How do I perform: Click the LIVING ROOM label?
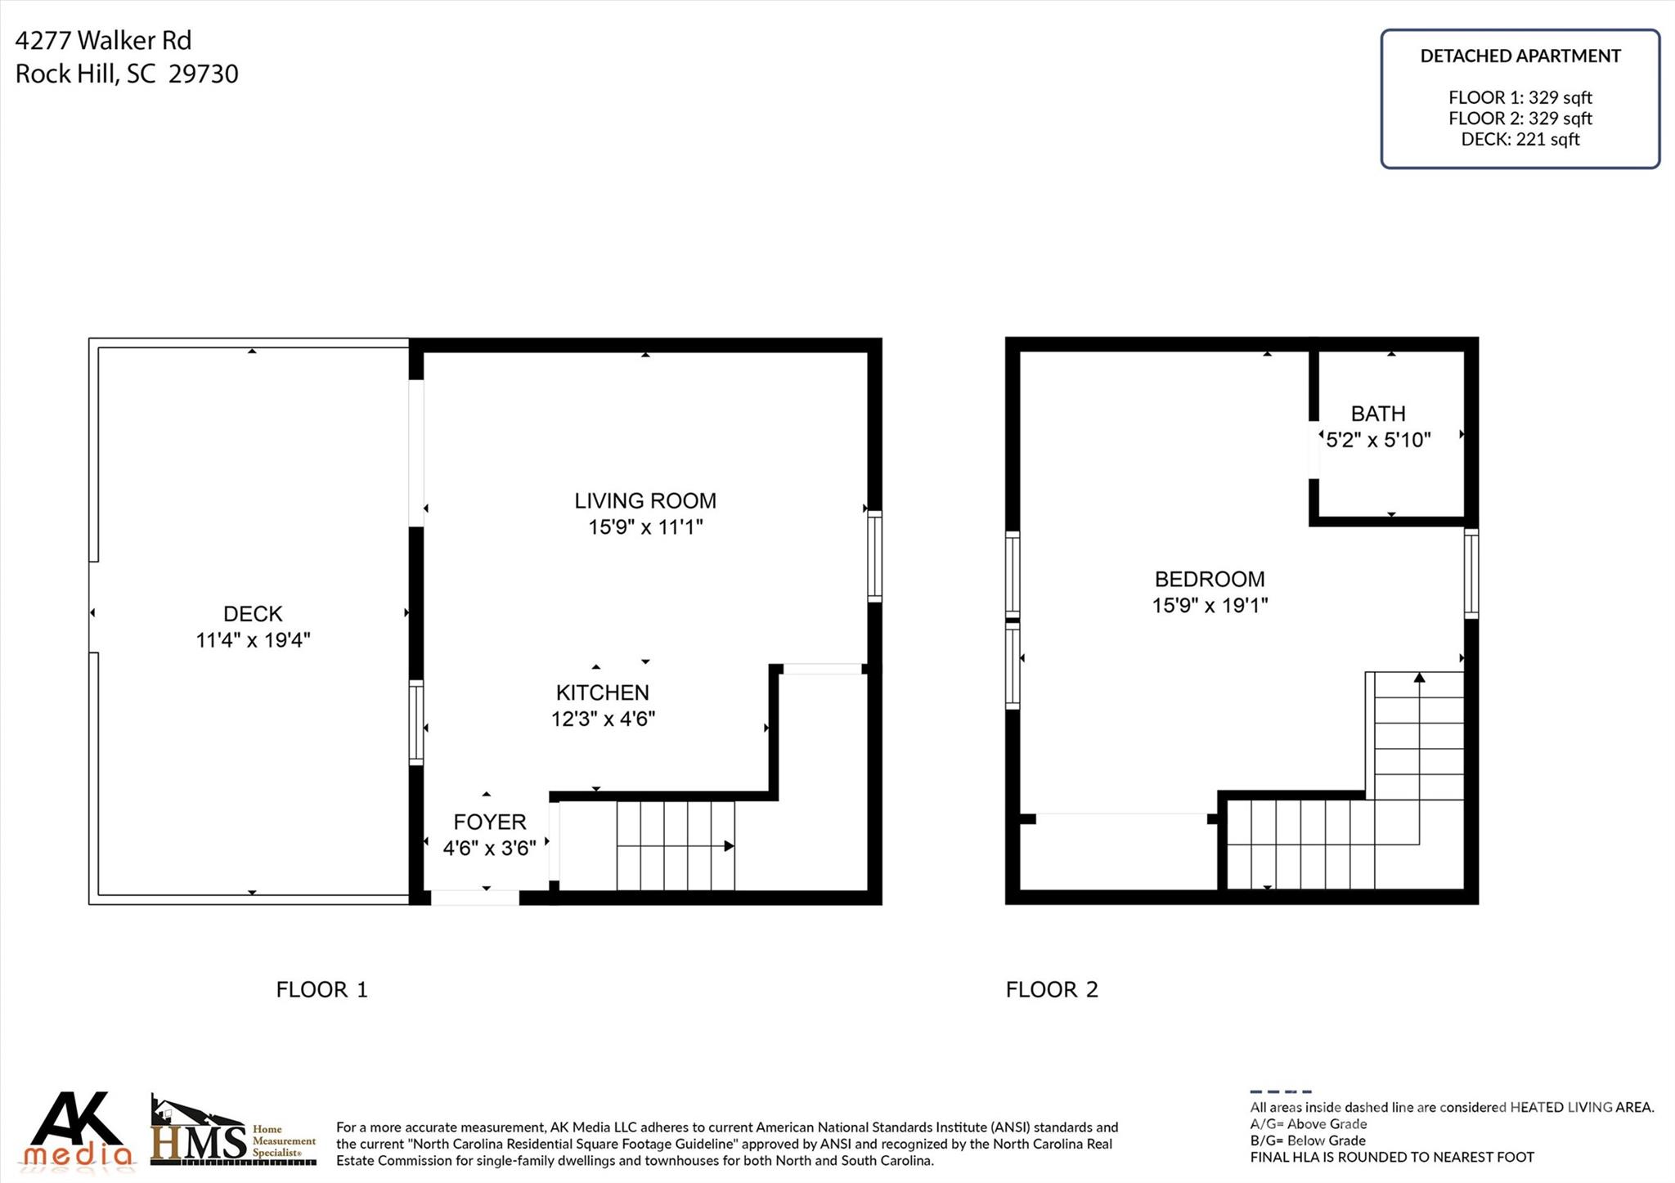coord(644,500)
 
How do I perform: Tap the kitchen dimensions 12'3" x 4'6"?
coord(603,719)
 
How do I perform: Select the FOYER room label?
coord(490,822)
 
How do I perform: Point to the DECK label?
coord(253,614)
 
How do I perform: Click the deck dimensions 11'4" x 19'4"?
coord(253,639)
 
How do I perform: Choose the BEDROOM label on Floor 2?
coord(1210,579)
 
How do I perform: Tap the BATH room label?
coord(1378,414)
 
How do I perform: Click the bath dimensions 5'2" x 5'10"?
coord(1378,440)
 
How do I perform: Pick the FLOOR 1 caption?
coord(322,989)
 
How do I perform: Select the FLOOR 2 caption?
coord(1052,989)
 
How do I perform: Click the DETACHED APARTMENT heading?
coord(1520,56)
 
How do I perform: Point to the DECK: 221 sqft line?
coord(1520,139)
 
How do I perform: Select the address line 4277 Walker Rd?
coord(103,40)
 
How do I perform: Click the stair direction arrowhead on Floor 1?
coord(729,846)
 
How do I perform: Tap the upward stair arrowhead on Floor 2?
coord(1420,677)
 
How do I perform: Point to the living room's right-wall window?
coord(874,556)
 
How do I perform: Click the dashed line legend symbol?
coord(1281,1091)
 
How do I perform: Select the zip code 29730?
coord(204,74)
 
